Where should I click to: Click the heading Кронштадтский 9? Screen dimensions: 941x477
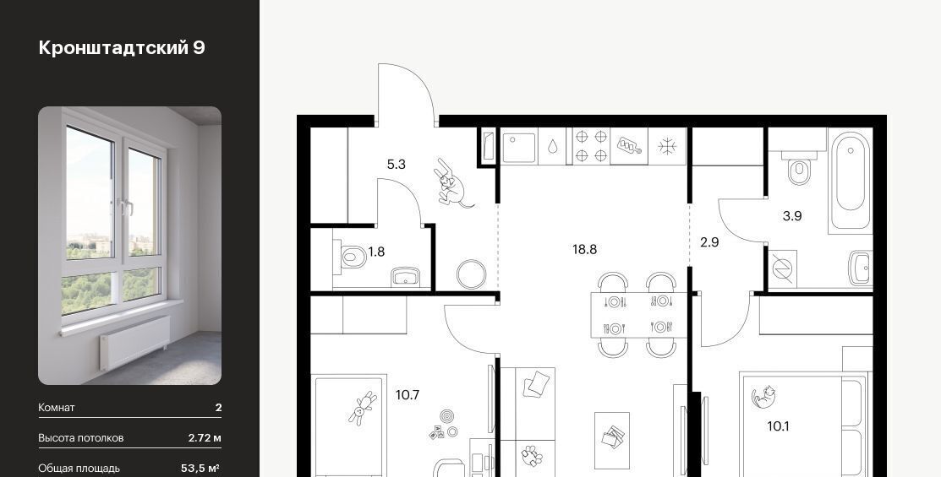[x=122, y=48]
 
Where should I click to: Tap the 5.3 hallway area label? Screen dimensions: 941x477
[x=396, y=164]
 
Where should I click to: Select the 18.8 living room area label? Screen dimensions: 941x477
[x=584, y=249]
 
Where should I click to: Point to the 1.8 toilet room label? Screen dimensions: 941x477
[x=376, y=252]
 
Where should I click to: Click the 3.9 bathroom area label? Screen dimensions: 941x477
[x=792, y=216]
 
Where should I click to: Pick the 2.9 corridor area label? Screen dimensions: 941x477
[x=709, y=242]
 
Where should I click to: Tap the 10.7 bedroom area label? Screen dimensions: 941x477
[x=408, y=395]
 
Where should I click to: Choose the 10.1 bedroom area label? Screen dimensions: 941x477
[x=778, y=426]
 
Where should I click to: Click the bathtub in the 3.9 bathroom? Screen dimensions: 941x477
[x=850, y=181]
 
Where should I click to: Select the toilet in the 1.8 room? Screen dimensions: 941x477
[x=351, y=257]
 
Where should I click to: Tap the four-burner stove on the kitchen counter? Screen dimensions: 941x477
[x=591, y=145]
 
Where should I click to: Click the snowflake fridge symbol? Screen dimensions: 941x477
[x=667, y=146]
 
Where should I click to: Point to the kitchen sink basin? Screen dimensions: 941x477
[x=519, y=148]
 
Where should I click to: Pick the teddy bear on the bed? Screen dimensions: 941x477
[x=362, y=408]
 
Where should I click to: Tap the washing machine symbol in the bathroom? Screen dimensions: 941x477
[x=783, y=269]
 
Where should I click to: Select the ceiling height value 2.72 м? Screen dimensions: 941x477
[x=205, y=438]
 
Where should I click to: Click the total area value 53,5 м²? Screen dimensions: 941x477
[x=200, y=468]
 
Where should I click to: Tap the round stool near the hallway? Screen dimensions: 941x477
[x=471, y=274]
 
